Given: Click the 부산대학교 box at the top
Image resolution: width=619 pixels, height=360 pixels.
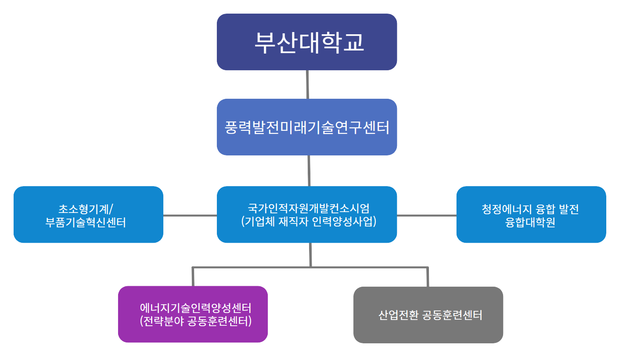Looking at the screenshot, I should click(x=307, y=42).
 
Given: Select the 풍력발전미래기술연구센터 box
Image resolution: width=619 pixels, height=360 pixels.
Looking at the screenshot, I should click(x=307, y=127).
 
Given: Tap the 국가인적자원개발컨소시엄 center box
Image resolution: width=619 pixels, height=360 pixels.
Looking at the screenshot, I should click(x=307, y=214).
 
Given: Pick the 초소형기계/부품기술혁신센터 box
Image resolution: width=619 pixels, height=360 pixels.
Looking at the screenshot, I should click(x=88, y=214).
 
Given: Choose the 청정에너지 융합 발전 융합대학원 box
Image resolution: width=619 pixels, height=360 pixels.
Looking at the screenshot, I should click(x=531, y=214).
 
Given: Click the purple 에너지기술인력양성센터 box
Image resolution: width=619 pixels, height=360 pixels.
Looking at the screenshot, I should click(x=193, y=314).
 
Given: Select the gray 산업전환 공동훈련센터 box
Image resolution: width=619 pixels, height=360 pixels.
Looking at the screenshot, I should click(x=428, y=315).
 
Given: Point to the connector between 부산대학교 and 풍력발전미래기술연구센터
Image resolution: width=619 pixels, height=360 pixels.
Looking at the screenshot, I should click(x=307, y=84).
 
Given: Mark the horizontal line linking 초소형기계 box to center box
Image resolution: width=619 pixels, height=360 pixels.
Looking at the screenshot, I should click(x=190, y=215).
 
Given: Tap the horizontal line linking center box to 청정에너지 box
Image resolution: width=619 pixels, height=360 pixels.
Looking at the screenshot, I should click(x=426, y=215).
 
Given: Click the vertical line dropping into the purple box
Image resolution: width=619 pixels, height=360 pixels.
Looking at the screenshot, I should click(x=193, y=277).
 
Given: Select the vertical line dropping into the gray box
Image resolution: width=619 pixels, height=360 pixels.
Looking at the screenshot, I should click(x=428, y=277).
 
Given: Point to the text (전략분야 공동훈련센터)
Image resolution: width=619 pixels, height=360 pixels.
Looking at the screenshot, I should click(x=195, y=321).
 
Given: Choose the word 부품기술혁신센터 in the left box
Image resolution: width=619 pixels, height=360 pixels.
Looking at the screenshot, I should click(x=86, y=223).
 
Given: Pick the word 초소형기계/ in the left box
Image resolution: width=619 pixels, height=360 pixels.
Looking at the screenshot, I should click(x=88, y=208).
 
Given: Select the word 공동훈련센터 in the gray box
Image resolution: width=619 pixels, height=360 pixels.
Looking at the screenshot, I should click(x=452, y=315).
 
